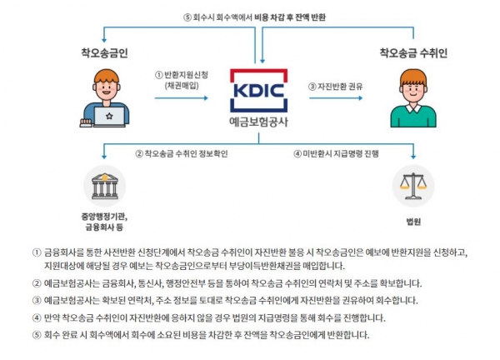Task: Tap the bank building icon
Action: [103, 186]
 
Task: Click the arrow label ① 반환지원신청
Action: [183, 73]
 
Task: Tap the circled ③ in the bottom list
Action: [35, 299]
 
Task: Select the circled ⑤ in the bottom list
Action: [35, 334]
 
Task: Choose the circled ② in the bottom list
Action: [35, 282]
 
